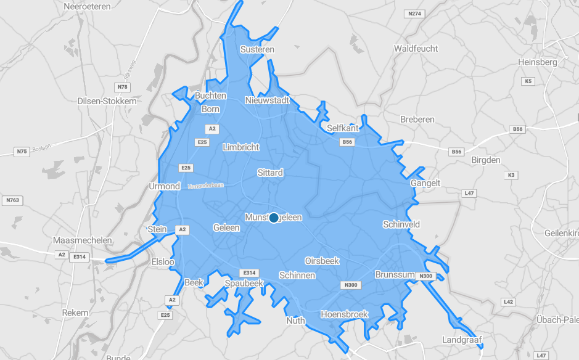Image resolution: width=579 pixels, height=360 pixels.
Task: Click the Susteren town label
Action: click(257, 49)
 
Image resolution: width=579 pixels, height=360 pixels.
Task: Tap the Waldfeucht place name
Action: click(416, 48)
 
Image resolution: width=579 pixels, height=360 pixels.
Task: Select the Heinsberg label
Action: click(538, 62)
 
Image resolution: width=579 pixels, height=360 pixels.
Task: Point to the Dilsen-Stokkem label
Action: click(107, 101)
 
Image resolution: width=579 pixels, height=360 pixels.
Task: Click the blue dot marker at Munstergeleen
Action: click(274, 218)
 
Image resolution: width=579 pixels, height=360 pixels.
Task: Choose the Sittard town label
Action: click(270, 173)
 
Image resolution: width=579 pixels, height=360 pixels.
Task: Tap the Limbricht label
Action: click(240, 147)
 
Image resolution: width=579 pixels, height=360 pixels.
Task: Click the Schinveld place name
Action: click(401, 224)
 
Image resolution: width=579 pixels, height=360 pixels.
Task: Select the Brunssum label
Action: click(393, 274)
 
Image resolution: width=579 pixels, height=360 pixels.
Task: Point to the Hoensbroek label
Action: click(344, 314)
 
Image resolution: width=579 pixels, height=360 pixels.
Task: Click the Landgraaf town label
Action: click(462, 340)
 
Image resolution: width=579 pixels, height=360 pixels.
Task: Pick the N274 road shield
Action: click(414, 14)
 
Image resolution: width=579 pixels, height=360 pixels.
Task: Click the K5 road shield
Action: click(528, 81)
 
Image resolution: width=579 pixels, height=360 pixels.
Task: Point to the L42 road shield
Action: click(509, 302)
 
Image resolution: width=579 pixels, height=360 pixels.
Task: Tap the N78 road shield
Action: click(121, 87)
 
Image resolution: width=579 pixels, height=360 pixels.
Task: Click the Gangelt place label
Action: click(425, 183)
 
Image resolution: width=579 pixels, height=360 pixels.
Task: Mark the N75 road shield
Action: click(22, 151)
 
